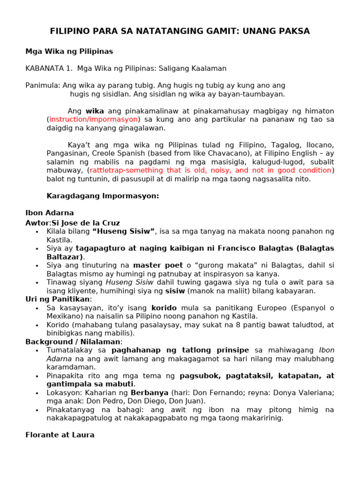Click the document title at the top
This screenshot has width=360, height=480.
(x=180, y=31)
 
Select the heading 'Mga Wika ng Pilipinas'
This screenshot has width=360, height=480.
(x=69, y=51)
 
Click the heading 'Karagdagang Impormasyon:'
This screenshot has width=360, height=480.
(x=103, y=196)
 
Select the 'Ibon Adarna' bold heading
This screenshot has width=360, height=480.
(x=49, y=213)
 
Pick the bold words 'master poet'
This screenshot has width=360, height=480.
(x=158, y=265)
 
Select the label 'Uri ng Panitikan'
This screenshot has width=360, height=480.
(x=58, y=299)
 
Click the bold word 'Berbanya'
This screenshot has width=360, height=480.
(x=150, y=393)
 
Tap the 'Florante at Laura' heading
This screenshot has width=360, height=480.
(x=60, y=435)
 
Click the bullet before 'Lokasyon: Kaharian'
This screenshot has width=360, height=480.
(x=37, y=393)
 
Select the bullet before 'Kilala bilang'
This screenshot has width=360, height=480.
(x=37, y=232)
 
